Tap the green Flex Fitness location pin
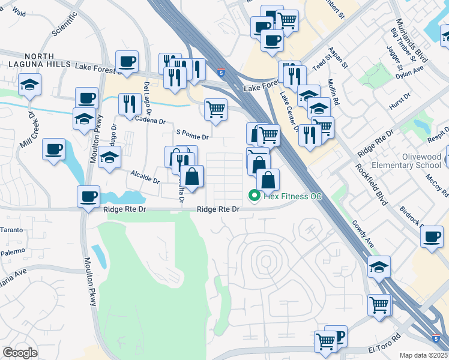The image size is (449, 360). click(x=255, y=195)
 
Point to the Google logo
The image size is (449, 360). click(x=20, y=353)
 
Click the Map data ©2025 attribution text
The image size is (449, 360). click(x=424, y=355)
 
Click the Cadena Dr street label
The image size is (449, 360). click(x=151, y=121)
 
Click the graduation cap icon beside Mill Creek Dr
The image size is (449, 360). click(x=29, y=86)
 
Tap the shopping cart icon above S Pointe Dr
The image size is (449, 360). click(x=215, y=110)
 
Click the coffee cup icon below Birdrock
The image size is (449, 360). click(x=432, y=236)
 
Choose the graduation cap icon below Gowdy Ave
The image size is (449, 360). click(x=379, y=267)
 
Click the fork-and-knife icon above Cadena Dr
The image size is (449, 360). click(x=130, y=104)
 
